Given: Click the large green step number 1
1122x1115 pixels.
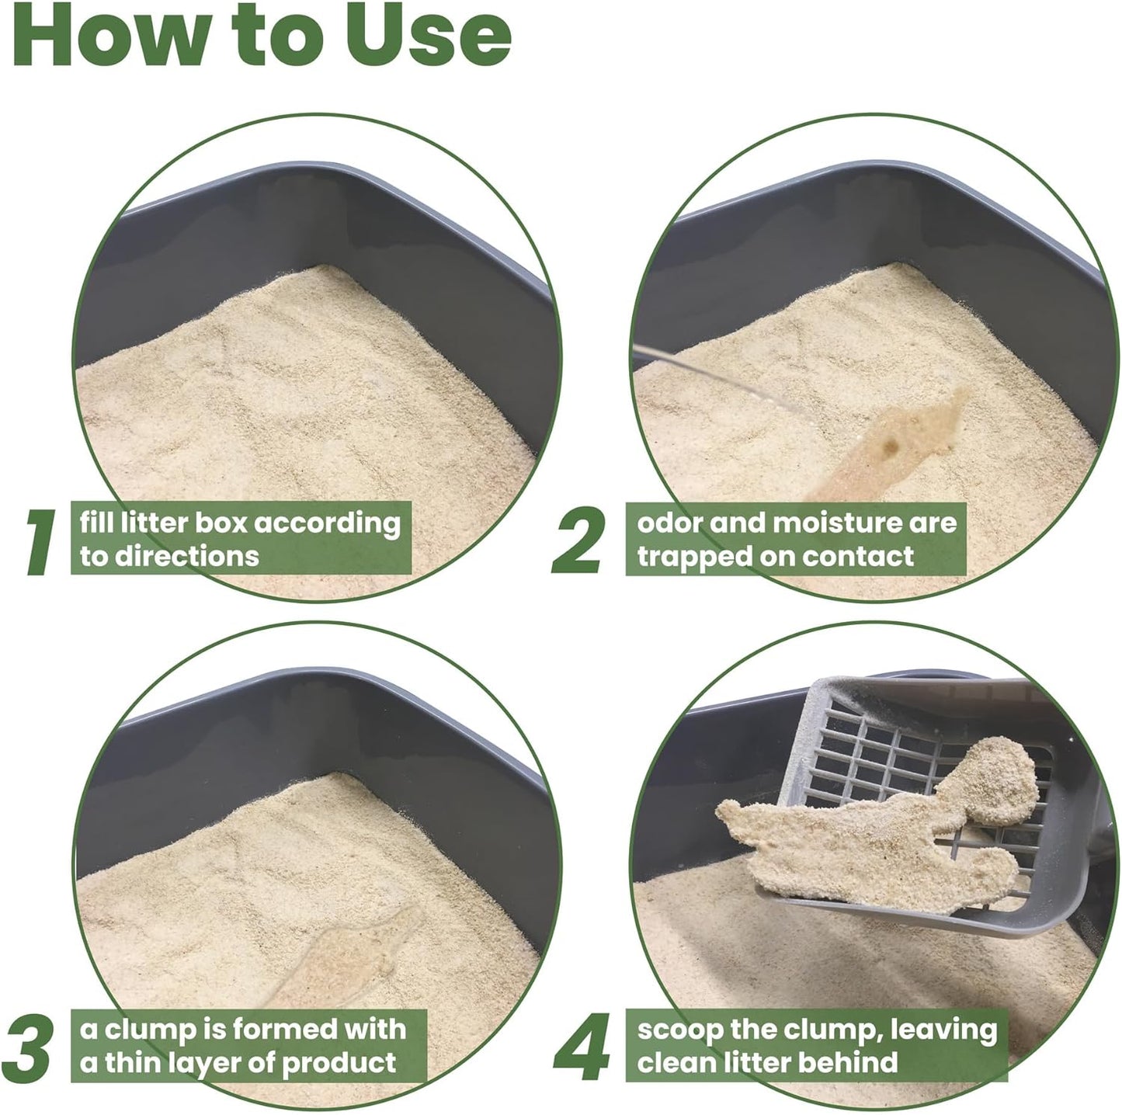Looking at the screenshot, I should coord(40,544).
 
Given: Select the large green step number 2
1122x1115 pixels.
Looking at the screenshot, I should coord(578,544).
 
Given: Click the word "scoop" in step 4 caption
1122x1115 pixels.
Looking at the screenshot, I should coord(679,1030).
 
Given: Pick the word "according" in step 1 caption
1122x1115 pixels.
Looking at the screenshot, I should coord(328,523).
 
